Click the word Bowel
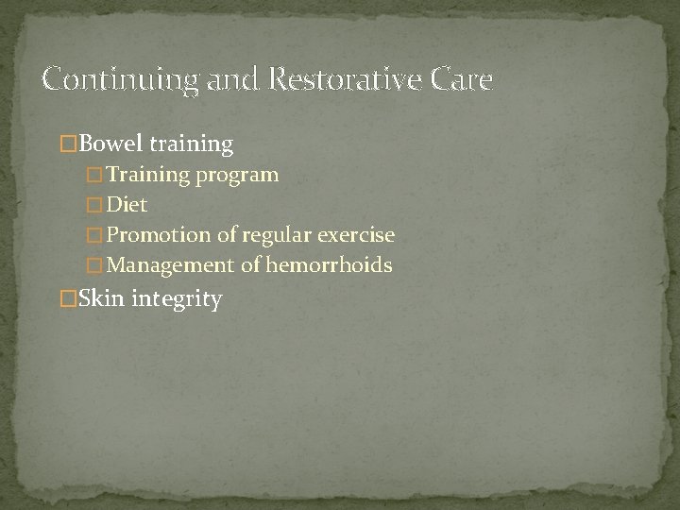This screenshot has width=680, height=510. pyautogui.click(x=109, y=144)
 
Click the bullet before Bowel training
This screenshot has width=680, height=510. pyautogui.click(x=67, y=144)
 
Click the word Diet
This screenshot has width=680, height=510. pyautogui.click(x=127, y=205)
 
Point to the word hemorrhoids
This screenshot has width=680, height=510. pyautogui.click(x=329, y=265)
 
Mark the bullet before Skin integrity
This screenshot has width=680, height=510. pyautogui.click(x=67, y=300)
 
